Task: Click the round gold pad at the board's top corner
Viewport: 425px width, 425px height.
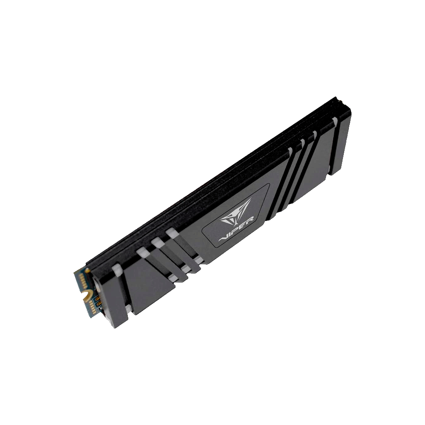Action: tap(88, 270)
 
